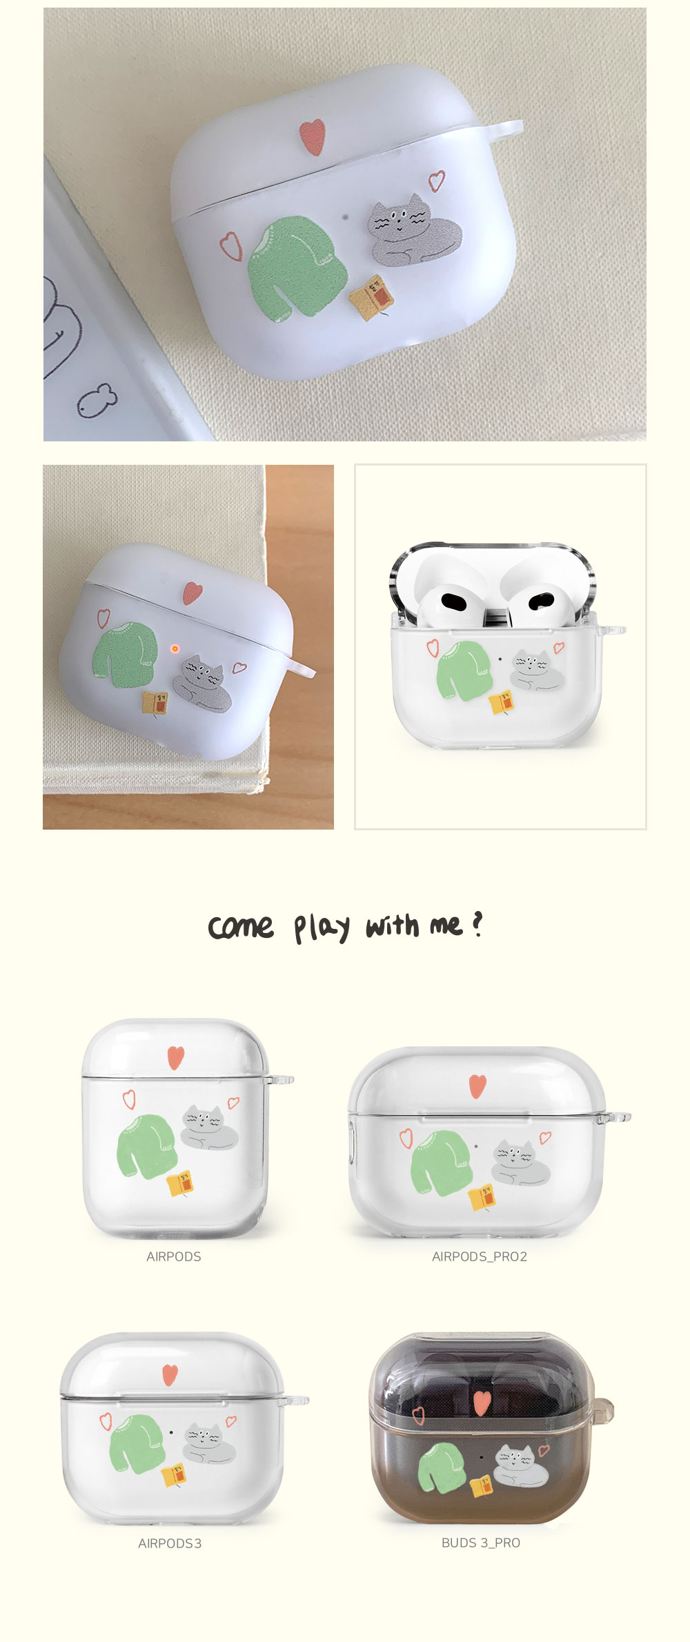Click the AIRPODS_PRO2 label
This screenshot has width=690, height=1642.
coord(480,1256)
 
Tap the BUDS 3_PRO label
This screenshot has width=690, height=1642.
coord(481,1543)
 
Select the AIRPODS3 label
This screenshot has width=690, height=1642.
coord(170,1543)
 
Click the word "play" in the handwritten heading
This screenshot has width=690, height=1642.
coord(322,928)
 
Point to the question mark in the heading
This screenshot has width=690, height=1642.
coord(477,924)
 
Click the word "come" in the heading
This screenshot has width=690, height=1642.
coord(241,928)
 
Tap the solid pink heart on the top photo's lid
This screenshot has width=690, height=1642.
coord(312,134)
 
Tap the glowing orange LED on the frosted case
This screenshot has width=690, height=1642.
coord(175,648)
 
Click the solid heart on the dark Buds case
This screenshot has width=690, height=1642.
coord(482,1402)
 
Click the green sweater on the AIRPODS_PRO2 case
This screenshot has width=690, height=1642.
coord(442,1163)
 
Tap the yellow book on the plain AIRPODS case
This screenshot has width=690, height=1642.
coord(180,1183)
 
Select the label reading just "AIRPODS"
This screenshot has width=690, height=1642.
coord(174,1256)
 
